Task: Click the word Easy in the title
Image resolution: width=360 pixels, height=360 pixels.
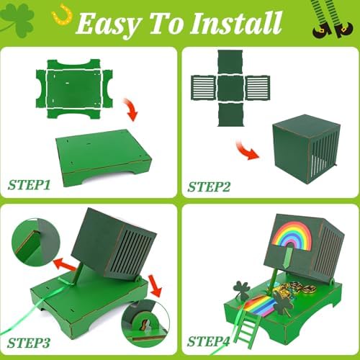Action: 108,24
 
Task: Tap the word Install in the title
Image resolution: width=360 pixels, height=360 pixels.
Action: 235,23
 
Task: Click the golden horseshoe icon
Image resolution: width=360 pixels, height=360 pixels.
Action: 62,15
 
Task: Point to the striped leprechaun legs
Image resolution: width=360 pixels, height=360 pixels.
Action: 333,19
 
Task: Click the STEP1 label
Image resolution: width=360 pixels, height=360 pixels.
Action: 29,185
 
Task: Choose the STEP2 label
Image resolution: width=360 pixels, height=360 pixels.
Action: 209,187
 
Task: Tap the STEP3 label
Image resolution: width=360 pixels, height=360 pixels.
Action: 29,343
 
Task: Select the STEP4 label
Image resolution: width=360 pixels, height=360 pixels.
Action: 208,341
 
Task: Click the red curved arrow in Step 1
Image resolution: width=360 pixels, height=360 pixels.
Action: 131,109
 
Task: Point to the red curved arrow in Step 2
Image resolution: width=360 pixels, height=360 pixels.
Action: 247,150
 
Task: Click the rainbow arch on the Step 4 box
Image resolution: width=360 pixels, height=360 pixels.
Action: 292,234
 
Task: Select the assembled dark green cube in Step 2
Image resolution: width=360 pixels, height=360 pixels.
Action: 307,149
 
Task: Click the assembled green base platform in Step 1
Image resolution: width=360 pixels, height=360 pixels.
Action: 104,158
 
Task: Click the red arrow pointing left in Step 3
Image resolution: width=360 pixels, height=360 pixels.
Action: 65,264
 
